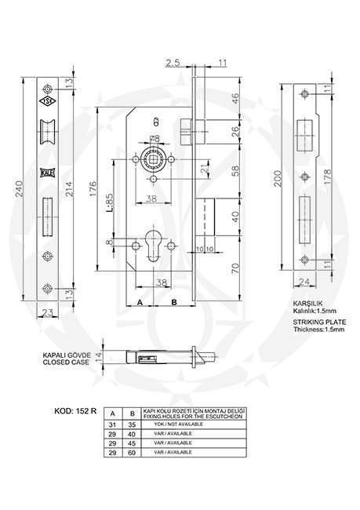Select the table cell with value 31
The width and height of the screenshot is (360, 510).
(x=114, y=424)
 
